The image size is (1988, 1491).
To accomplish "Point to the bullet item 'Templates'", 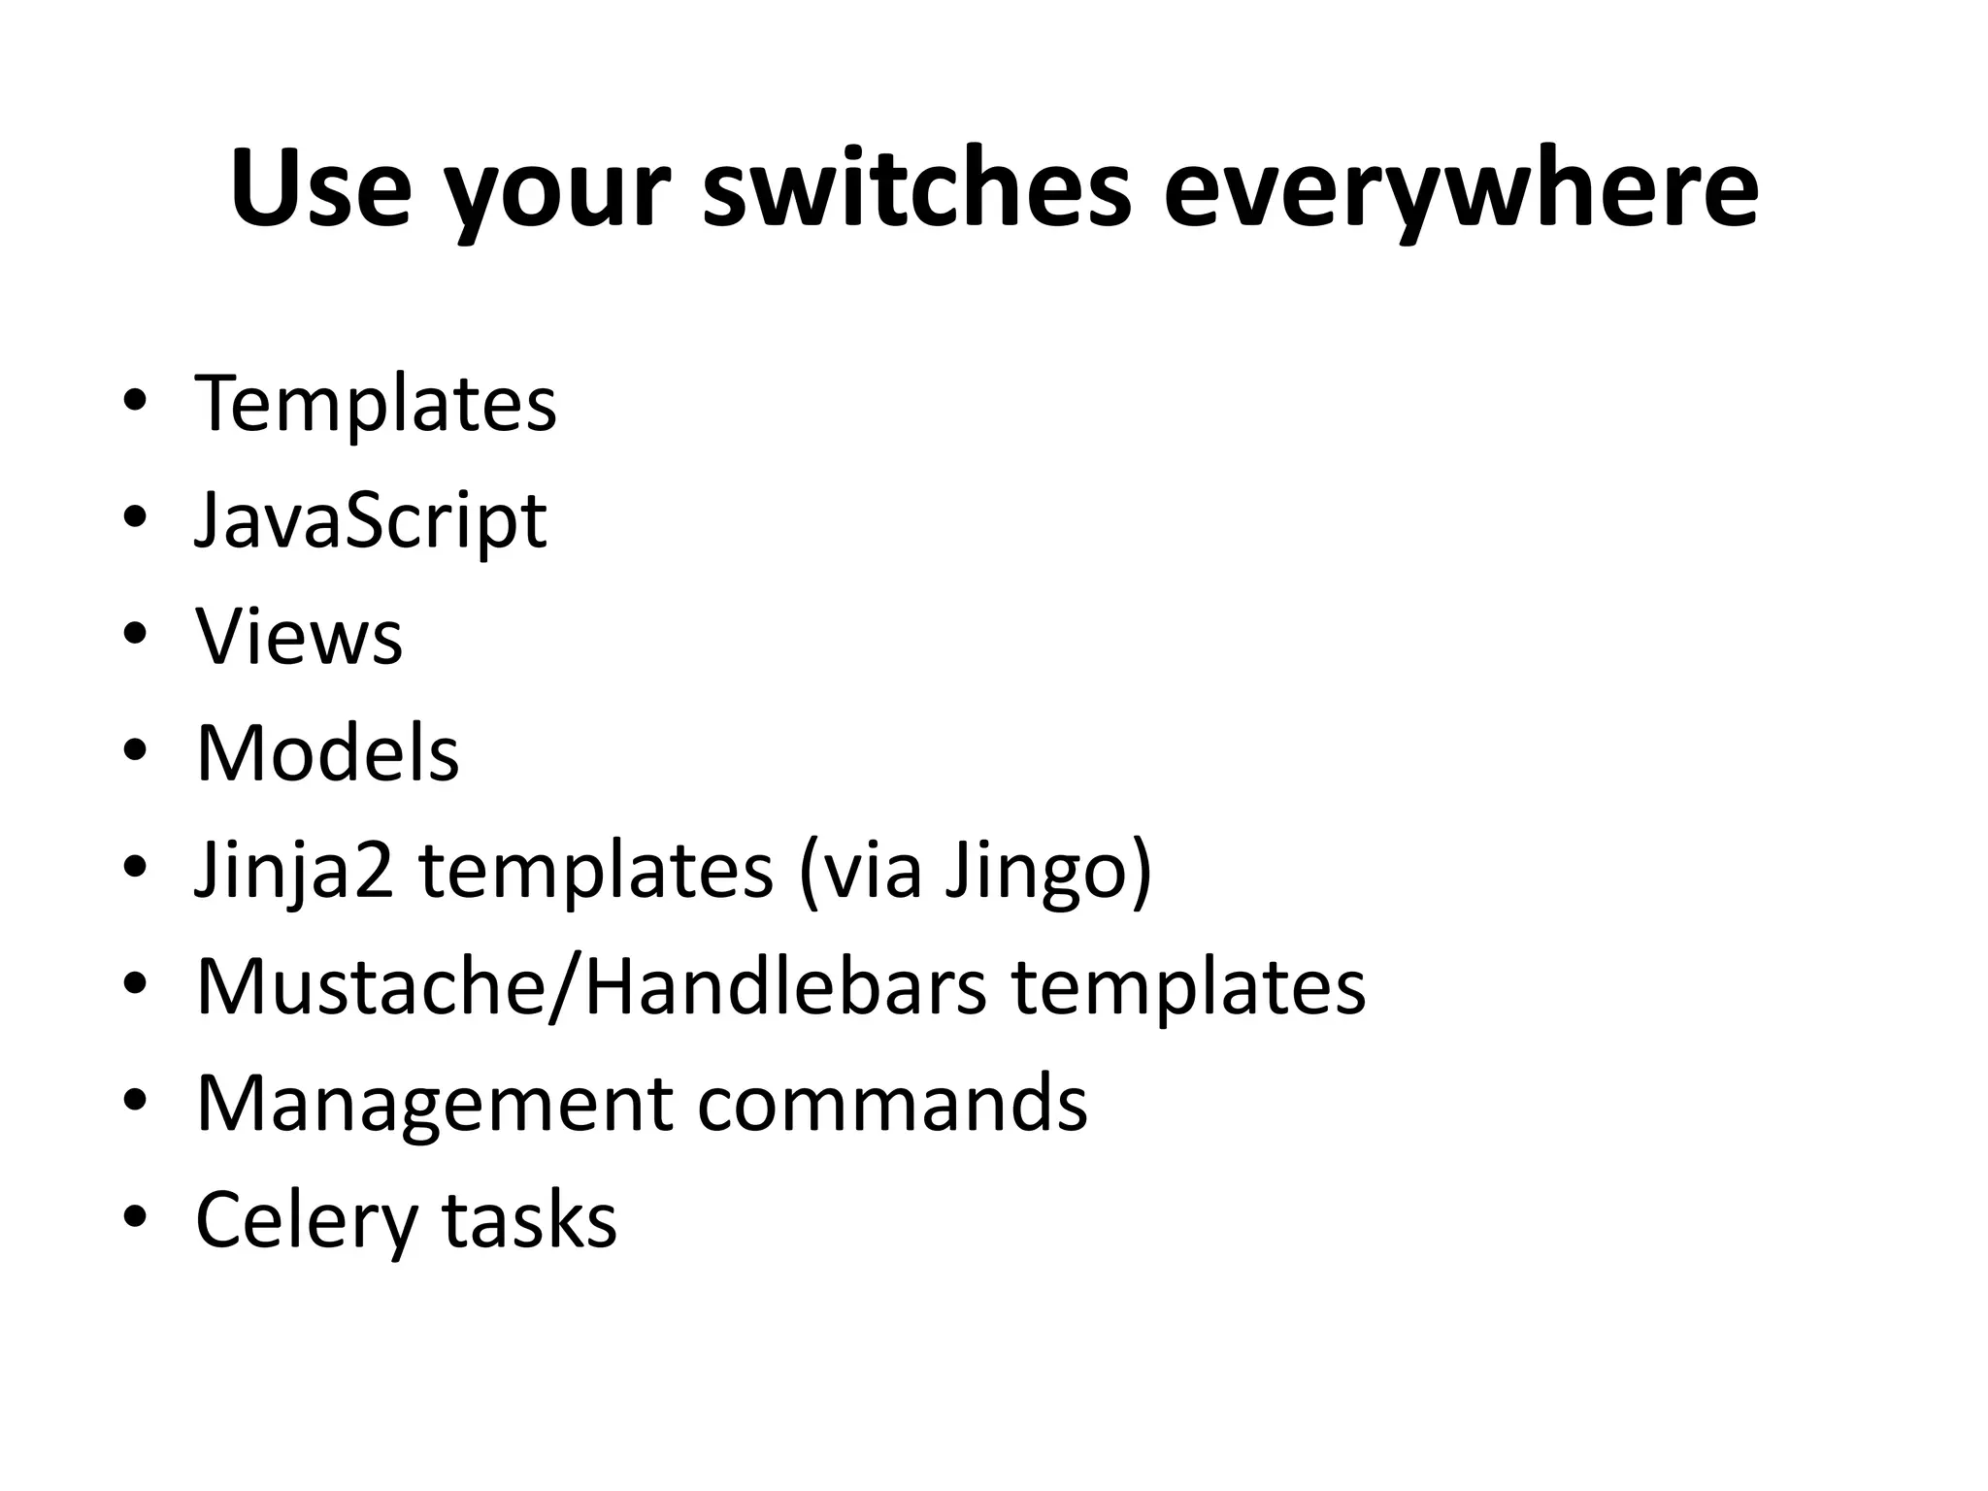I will tap(376, 405).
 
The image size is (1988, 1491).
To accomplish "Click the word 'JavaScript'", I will tap(371, 522).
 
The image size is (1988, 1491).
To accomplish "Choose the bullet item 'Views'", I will tap(299, 638).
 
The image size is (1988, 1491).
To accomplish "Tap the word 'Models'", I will tap(327, 754).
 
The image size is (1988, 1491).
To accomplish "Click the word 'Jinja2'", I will tap(294, 871).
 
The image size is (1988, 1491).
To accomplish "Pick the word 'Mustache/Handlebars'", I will tap(591, 987).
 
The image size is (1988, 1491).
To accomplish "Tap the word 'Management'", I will tap(433, 1104).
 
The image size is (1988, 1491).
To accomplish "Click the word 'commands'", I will tap(892, 1104).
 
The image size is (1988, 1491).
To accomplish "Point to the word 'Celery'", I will tap(306, 1221).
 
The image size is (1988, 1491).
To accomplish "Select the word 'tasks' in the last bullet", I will tap(529, 1220).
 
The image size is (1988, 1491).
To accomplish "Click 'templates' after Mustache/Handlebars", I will tap(1188, 987).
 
